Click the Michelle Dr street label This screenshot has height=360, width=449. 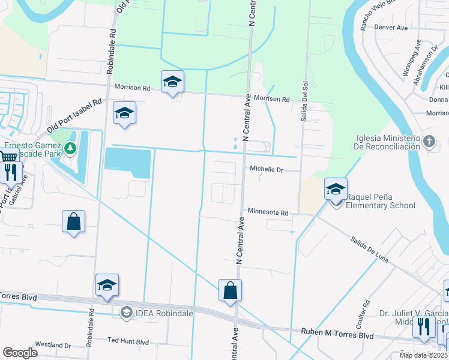266,170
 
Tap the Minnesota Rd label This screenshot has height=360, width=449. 268,212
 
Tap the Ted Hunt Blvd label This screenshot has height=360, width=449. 128,341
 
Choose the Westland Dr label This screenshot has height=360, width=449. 53,345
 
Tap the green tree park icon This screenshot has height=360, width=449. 71,148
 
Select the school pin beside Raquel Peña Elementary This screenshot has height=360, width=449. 336,189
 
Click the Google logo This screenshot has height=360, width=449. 20,353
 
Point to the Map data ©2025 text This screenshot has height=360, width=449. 423,355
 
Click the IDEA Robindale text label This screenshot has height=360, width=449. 155,313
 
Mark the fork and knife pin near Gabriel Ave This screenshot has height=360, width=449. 11,172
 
